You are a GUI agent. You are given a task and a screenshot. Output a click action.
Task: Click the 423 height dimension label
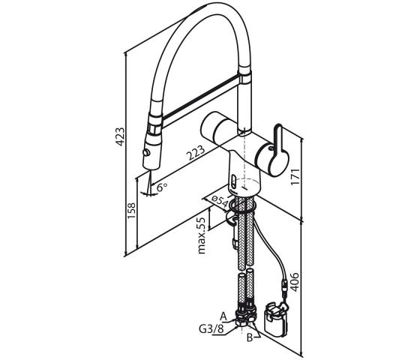pos(120,136)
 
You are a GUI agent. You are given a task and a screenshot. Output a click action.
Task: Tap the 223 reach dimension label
pos(196,153)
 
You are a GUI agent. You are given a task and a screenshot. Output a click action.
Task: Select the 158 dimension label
pos(131,211)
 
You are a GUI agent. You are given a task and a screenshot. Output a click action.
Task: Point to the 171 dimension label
pos(295,177)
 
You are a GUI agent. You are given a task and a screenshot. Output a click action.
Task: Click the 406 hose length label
pos(295,282)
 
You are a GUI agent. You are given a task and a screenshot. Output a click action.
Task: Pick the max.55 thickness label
pos(202,235)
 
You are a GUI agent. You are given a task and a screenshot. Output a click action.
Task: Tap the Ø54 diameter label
pos(220,202)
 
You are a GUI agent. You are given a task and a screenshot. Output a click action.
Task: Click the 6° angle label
pos(162,187)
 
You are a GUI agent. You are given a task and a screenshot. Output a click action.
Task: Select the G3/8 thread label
pos(211,329)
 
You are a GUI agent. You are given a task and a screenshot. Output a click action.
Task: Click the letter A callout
pos(223,316)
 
